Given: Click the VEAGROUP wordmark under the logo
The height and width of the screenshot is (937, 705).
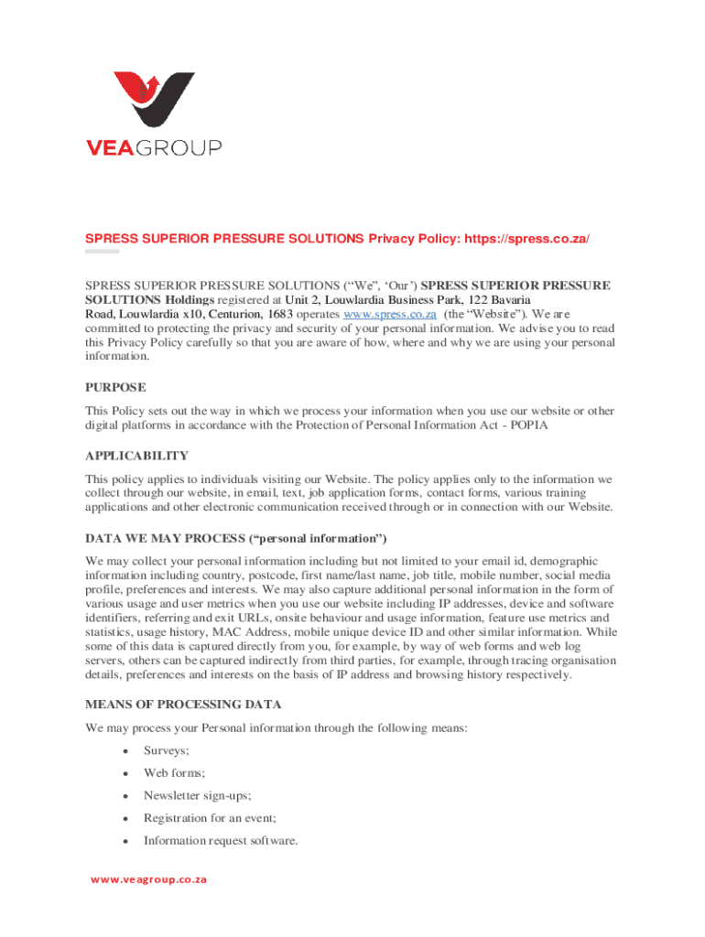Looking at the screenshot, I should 153,148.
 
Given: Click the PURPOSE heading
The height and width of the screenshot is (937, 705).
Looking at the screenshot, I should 115,387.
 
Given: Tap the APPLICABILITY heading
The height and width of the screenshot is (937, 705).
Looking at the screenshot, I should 136,456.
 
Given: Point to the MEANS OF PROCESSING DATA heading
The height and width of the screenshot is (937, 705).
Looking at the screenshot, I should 183,705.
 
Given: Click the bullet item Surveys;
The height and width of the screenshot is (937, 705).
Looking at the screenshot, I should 167,750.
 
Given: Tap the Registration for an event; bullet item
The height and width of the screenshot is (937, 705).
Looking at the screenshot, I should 210,818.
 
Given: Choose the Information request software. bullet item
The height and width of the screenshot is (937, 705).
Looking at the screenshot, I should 221,841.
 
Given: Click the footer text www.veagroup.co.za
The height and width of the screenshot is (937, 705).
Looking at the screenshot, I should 148,880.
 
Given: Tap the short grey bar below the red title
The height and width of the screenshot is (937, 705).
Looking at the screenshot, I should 102,251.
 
